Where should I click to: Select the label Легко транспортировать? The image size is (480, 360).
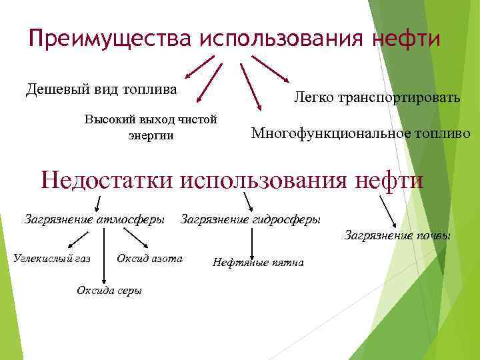[377, 98]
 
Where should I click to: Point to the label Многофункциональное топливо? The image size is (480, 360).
[361, 133]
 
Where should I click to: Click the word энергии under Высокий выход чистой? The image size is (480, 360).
[151, 135]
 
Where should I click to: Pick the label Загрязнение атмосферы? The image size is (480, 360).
[95, 219]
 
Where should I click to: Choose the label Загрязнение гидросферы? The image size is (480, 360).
[251, 219]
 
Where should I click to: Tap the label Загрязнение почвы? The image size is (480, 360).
[397, 235]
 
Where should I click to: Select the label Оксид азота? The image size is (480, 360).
[149, 258]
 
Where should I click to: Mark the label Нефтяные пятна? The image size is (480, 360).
[258, 262]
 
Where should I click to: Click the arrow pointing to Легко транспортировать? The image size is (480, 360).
[270, 69]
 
